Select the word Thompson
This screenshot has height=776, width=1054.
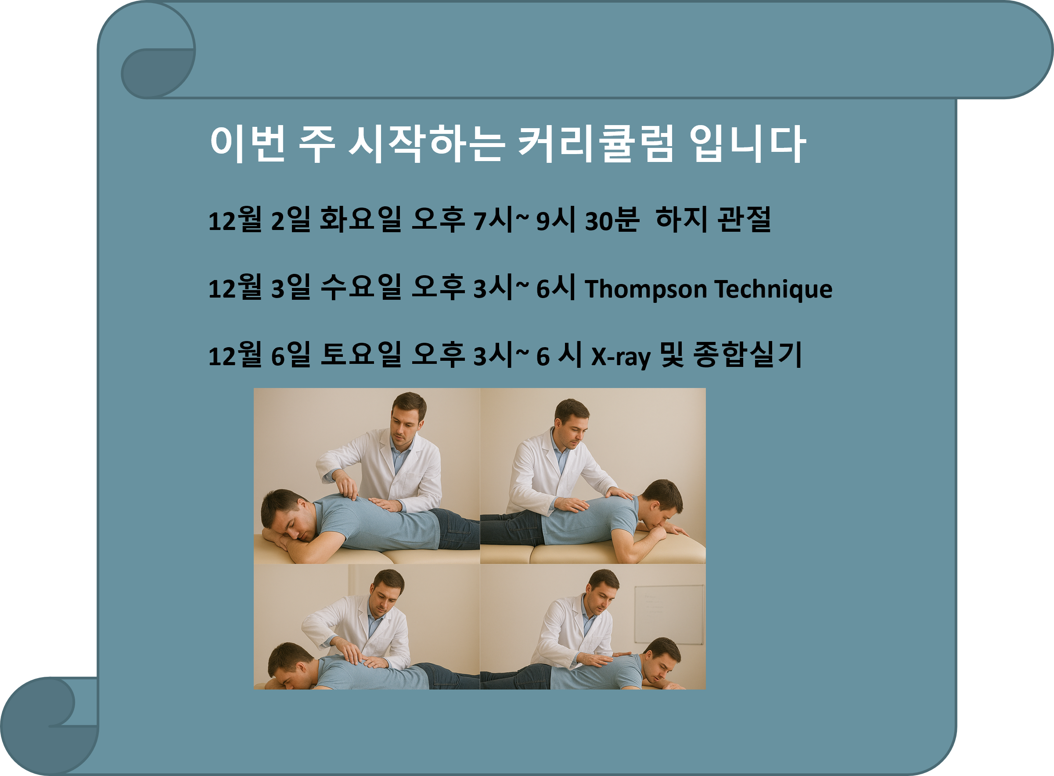point(646,288)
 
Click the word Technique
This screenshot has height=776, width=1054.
point(773,289)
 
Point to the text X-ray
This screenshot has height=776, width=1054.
point(620,356)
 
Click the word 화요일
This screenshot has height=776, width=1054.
point(360,220)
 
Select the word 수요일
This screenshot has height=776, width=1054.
point(360,287)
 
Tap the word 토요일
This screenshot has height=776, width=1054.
point(360,355)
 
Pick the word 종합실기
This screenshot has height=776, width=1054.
point(747,355)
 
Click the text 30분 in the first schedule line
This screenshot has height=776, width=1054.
point(612,220)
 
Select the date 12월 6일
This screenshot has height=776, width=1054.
point(259,355)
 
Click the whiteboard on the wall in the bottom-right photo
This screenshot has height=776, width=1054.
point(669,614)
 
